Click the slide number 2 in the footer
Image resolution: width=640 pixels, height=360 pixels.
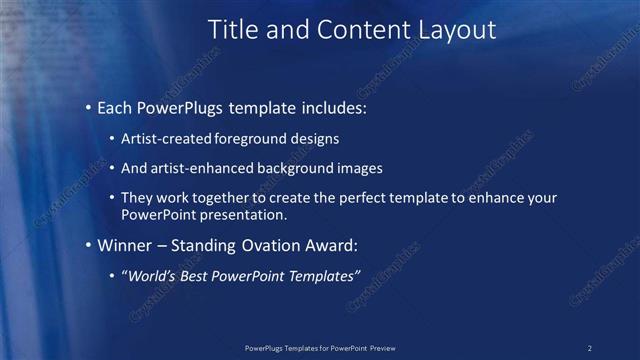point(589,347)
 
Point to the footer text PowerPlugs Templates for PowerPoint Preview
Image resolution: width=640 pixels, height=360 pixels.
point(320,347)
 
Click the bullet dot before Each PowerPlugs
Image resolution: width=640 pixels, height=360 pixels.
point(89,106)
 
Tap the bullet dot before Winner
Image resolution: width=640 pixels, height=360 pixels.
point(89,245)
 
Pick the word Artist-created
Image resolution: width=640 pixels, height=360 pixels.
point(166,139)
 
